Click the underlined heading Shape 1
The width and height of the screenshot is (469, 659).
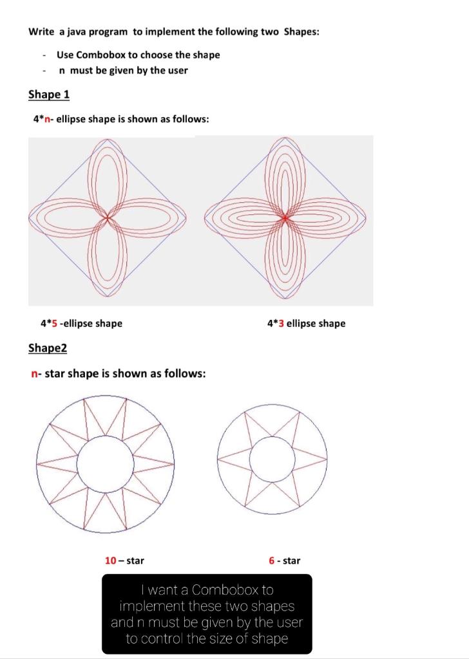(49, 95)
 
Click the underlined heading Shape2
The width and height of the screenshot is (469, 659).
(48, 348)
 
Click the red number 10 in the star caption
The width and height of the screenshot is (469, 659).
(110, 561)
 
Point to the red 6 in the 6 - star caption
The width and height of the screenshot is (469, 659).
(273, 561)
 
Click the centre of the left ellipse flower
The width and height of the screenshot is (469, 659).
(108, 218)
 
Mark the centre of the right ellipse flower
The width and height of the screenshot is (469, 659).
(284, 218)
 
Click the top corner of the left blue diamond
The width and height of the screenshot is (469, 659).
(108, 138)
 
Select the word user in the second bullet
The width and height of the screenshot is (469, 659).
(177, 70)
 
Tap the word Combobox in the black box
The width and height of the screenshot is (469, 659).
(223, 589)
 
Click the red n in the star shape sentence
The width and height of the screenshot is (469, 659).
(33, 373)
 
